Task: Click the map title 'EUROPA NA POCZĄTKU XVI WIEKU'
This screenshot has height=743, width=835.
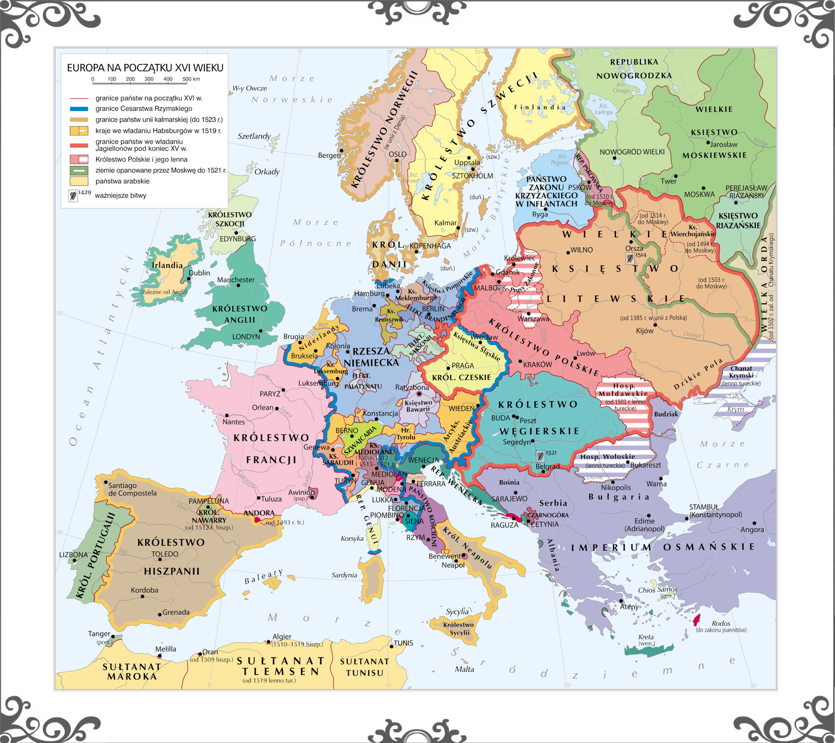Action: tap(145, 68)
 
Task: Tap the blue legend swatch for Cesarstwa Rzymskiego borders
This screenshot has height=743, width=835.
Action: tap(79, 109)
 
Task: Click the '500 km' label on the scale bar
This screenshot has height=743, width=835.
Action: tap(191, 79)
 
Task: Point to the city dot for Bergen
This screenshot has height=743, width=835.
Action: tap(342, 150)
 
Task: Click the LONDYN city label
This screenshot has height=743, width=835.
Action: tap(246, 337)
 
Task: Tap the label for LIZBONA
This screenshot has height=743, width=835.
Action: tap(73, 554)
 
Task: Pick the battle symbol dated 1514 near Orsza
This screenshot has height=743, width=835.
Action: tap(630, 258)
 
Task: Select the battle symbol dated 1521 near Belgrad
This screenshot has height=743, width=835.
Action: tap(540, 456)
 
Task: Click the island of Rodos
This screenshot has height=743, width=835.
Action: tap(697, 619)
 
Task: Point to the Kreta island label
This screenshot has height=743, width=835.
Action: tap(646, 637)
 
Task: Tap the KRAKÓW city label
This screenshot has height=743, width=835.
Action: tap(538, 365)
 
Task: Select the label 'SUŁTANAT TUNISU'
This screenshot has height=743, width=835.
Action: tap(365, 667)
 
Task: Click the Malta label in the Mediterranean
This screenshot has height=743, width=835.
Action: tap(465, 669)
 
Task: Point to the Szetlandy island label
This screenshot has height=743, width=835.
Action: tap(254, 136)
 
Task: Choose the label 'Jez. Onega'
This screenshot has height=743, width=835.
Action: tap(621, 87)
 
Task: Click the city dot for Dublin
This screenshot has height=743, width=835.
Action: tap(189, 279)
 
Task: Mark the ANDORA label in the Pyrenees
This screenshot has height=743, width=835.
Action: tap(259, 513)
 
